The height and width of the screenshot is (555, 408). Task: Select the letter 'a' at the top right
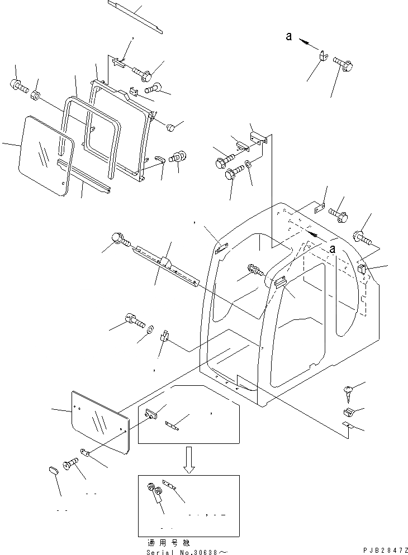(x=288, y=36)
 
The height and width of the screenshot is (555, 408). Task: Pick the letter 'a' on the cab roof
(x=333, y=249)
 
